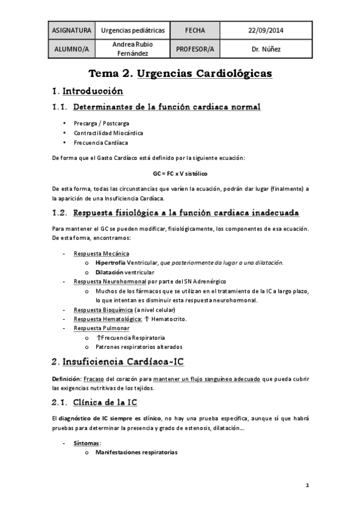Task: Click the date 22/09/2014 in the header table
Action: point(266,30)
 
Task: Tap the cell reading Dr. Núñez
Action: point(266,48)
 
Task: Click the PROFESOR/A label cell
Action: point(195,48)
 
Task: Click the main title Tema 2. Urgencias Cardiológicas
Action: point(180,74)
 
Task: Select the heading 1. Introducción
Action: point(87,91)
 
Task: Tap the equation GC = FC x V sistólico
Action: point(180,173)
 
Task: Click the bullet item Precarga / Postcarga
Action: point(102,123)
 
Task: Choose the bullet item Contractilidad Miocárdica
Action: point(109,132)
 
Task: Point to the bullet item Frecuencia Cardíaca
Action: point(101,143)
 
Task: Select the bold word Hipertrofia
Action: point(110,263)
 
